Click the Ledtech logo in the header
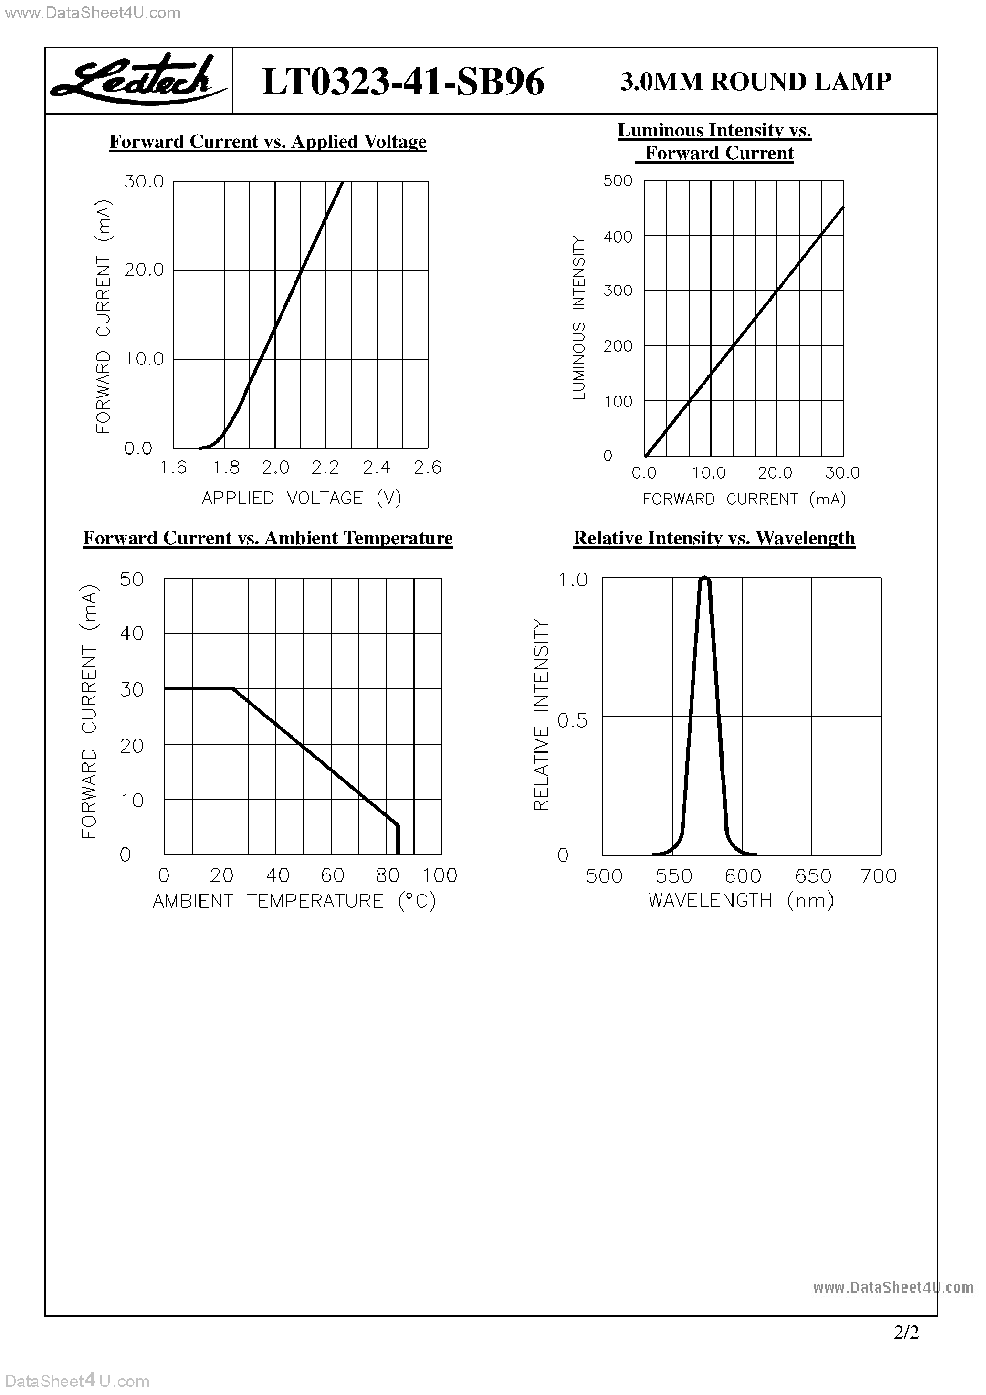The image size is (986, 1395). pyautogui.click(x=138, y=80)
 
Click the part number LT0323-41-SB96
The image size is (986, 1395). pyautogui.click(x=402, y=82)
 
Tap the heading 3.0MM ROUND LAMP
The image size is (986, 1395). pyautogui.click(x=755, y=82)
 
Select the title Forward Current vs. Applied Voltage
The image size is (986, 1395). pyautogui.click(x=268, y=142)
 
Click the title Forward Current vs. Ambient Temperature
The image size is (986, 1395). pyautogui.click(x=268, y=538)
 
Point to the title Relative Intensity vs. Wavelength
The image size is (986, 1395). pyautogui.click(x=714, y=538)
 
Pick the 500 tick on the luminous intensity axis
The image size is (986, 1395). pyautogui.click(x=618, y=180)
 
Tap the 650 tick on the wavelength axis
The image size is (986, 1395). pyautogui.click(x=813, y=875)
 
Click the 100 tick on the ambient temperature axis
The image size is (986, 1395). pyautogui.click(x=440, y=875)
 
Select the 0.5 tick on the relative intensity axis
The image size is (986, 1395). pyautogui.click(x=572, y=720)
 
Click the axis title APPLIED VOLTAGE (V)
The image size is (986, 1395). pyautogui.click(x=302, y=498)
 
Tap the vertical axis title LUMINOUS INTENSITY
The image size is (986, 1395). pyautogui.click(x=579, y=318)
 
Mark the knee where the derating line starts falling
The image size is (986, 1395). pyautogui.click(x=233, y=688)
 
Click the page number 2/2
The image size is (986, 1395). pyautogui.click(x=906, y=1333)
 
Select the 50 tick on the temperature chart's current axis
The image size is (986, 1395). pyautogui.click(x=131, y=579)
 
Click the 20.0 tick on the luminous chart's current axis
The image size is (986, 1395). pyautogui.click(x=775, y=473)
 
